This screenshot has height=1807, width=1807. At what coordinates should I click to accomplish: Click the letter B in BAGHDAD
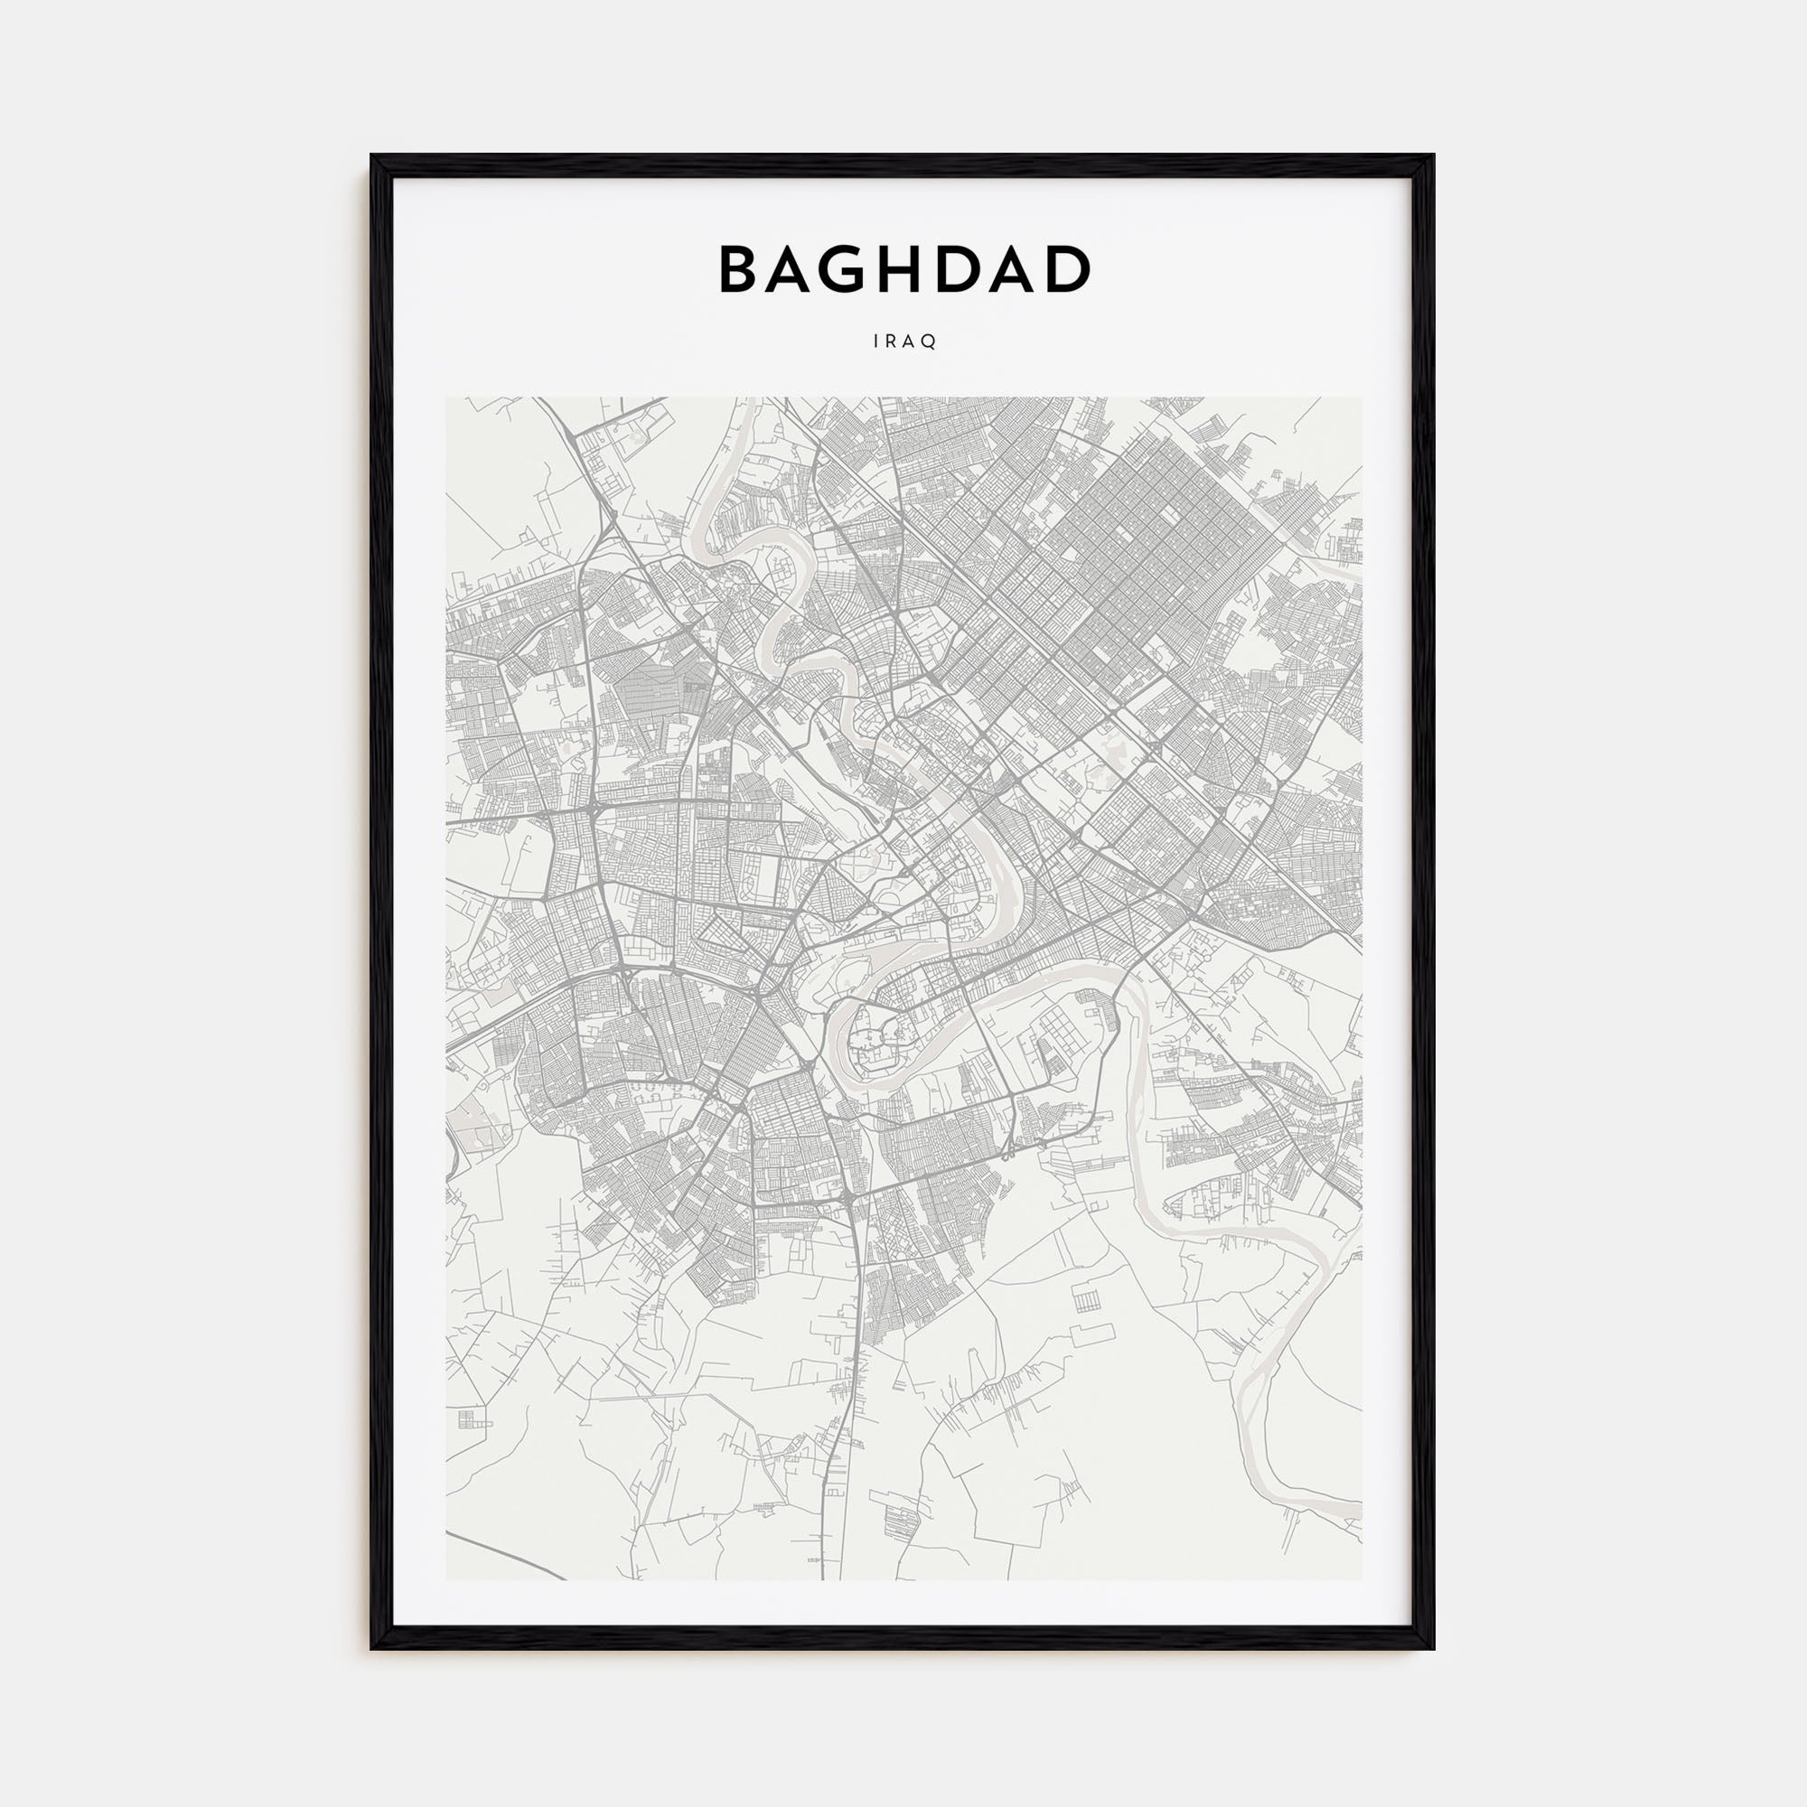(x=740, y=269)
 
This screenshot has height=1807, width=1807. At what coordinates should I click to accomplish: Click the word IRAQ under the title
(x=903, y=342)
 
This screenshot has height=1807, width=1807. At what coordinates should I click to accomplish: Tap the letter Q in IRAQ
(x=931, y=342)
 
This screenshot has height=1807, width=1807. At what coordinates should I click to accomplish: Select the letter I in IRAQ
(x=876, y=342)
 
